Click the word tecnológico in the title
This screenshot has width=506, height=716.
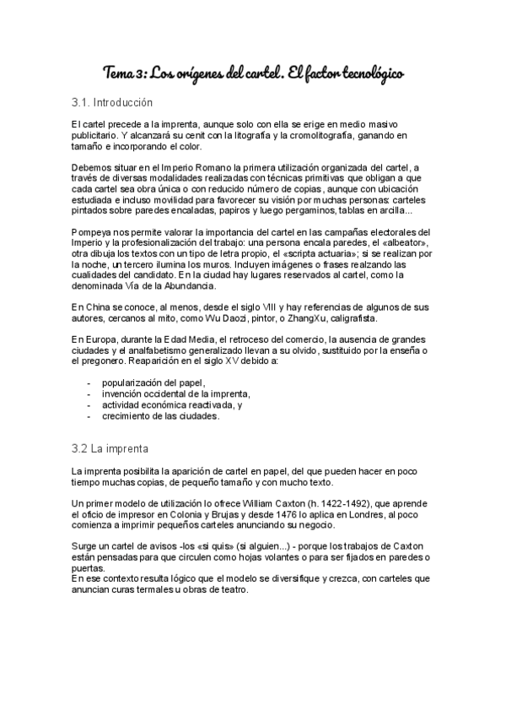coord(363,73)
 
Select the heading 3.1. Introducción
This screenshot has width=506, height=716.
coord(112,103)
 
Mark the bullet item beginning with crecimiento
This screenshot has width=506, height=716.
coord(161,415)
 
